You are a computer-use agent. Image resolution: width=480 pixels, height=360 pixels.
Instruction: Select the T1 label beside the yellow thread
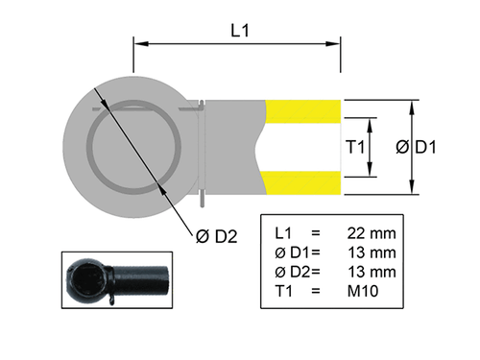pos(353,147)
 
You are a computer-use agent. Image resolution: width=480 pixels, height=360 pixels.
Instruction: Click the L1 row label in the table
pos(283,233)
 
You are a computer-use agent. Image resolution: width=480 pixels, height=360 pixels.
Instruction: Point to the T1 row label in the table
pos(283,291)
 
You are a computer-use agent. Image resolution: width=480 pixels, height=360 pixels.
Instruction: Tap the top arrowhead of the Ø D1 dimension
pos(413,103)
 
